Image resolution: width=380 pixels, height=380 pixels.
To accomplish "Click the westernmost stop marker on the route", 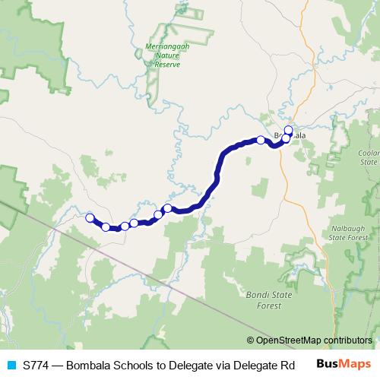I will tap(90, 218).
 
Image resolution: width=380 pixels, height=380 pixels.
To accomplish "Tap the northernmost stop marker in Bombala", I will tap(289, 130).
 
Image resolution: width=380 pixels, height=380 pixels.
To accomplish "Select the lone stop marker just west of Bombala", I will tap(261, 140).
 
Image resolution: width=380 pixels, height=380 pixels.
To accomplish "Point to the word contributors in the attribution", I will tap(347, 340).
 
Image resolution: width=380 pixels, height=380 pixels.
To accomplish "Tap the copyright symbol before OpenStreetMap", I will tap(250, 340).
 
